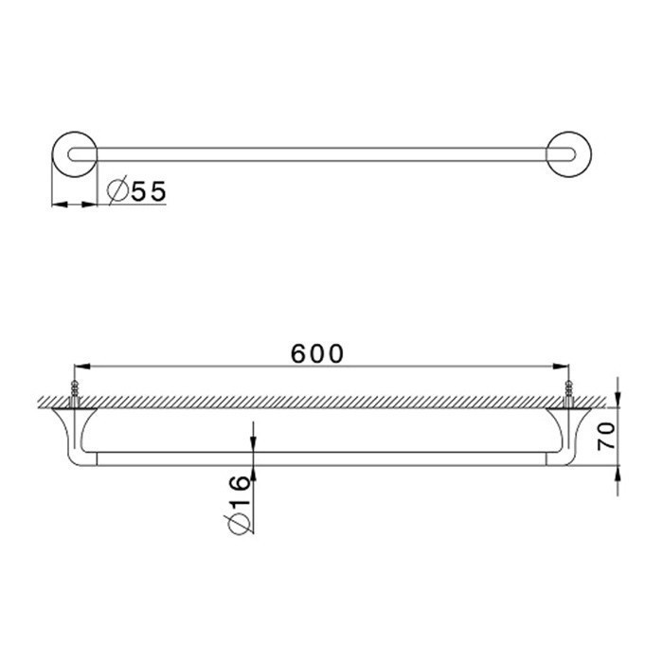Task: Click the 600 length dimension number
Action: coord(316,353)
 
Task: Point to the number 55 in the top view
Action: coord(149,191)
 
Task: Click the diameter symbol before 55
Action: coord(117,191)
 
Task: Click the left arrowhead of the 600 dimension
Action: coord(81,366)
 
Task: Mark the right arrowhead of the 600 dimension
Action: coord(562,366)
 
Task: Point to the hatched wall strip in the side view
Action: coord(322,402)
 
